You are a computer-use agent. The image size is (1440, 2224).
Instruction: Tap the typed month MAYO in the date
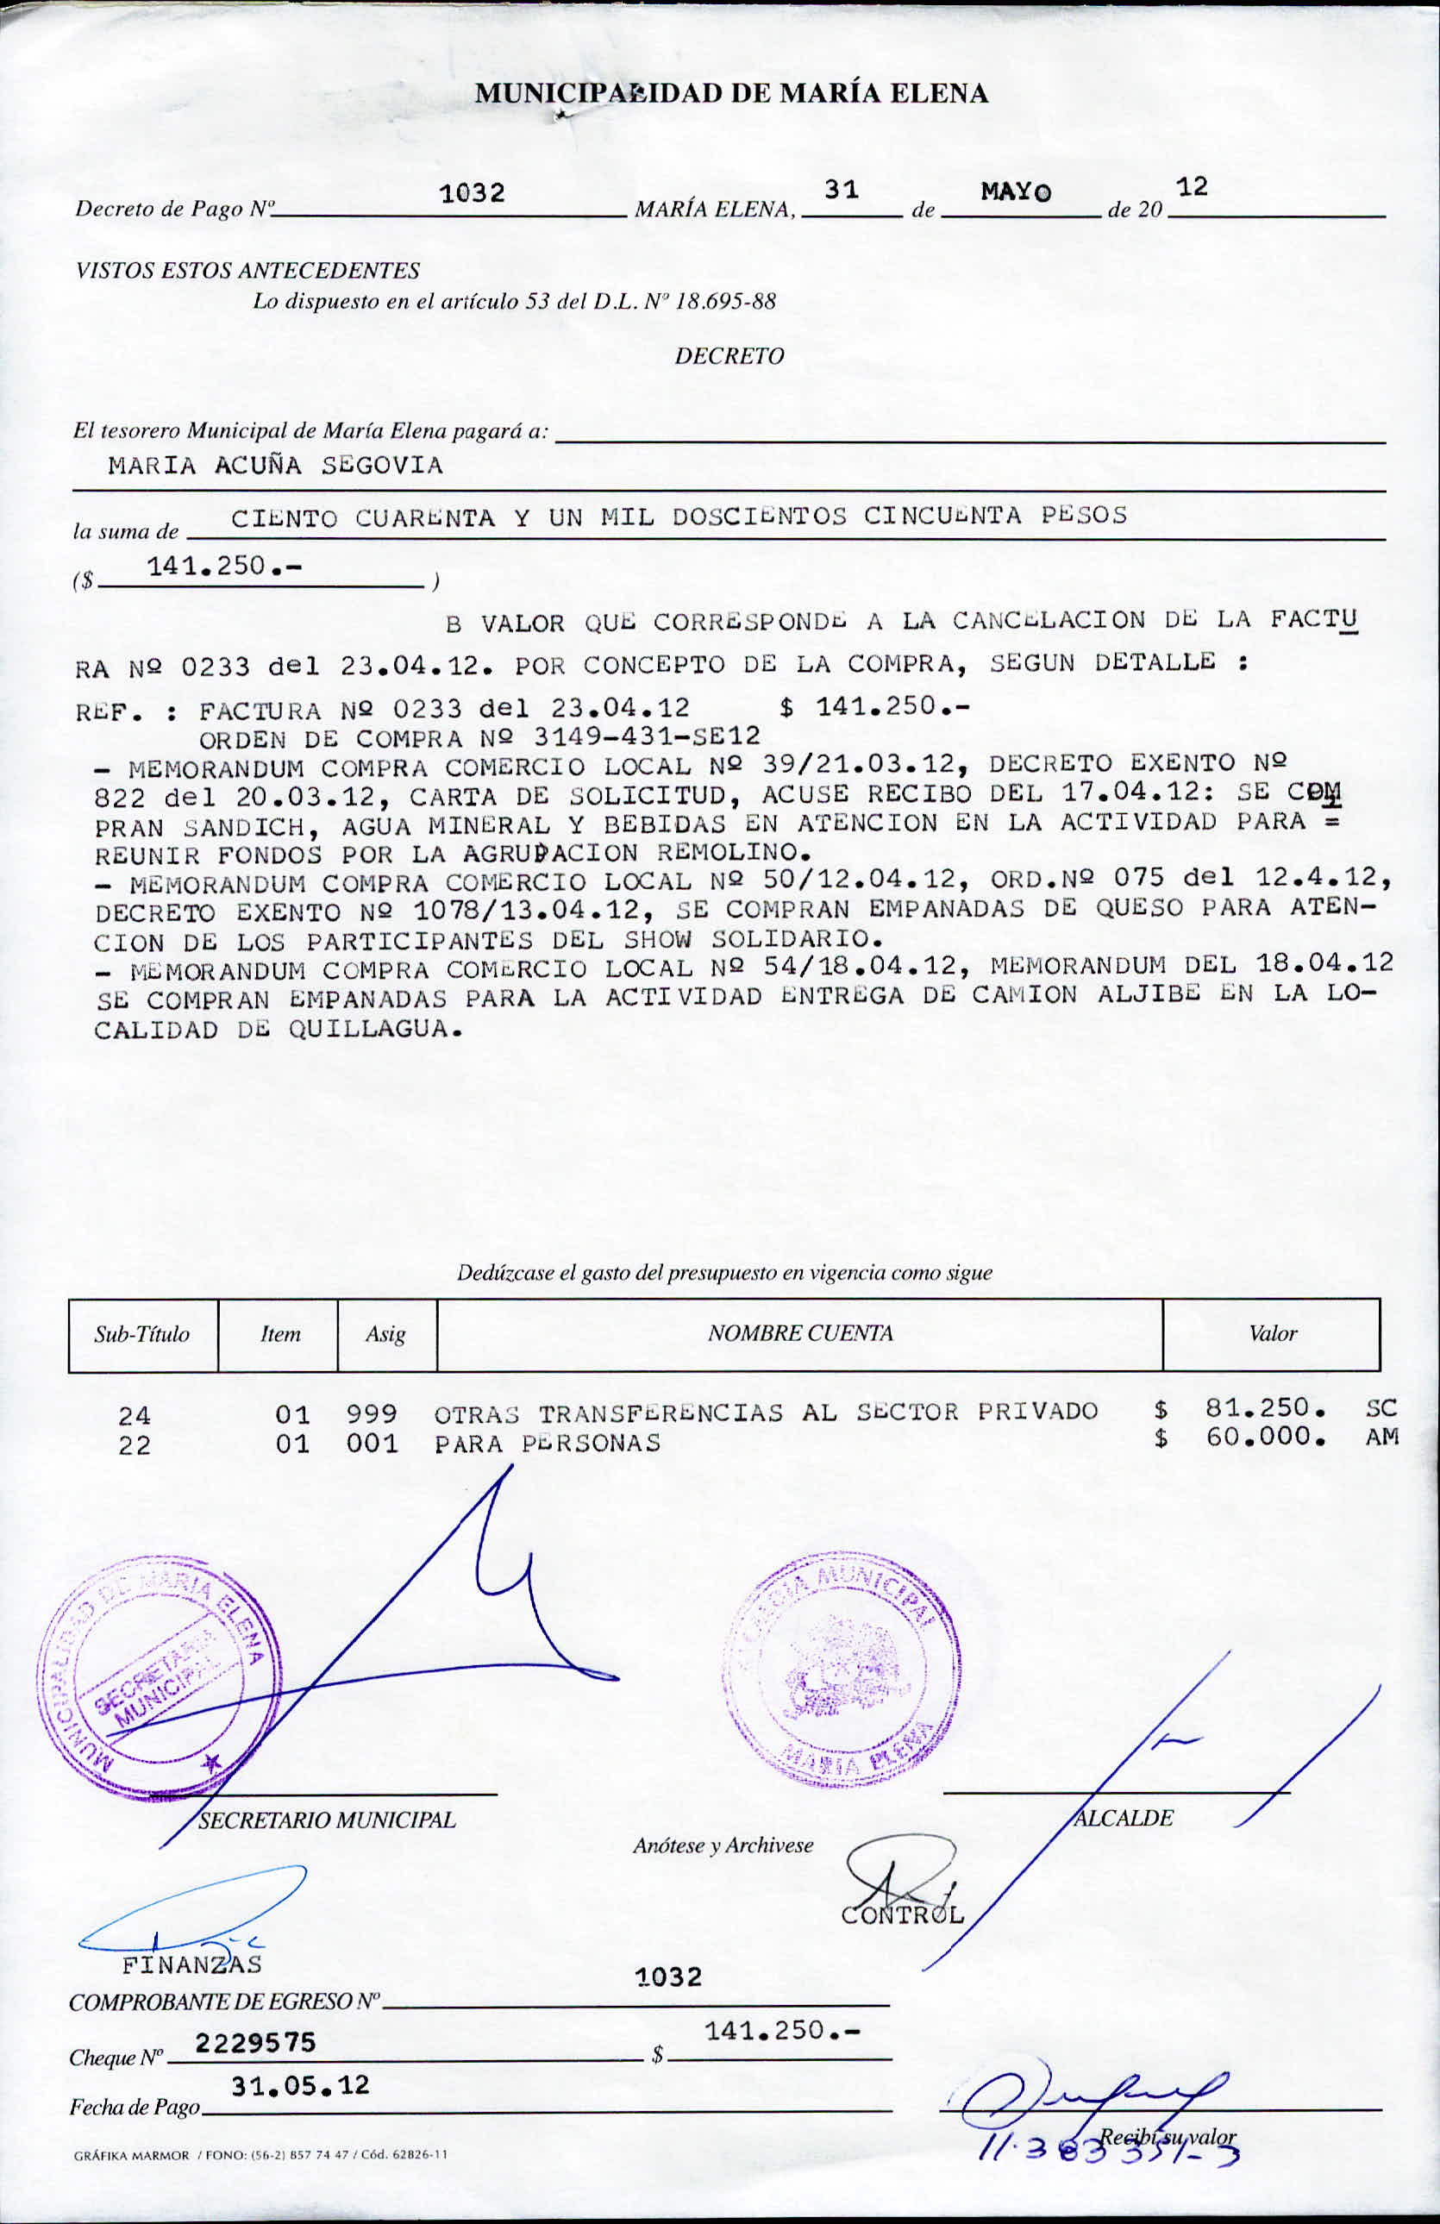[x=1016, y=192]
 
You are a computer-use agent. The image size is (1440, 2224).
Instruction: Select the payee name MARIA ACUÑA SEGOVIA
[x=276, y=466]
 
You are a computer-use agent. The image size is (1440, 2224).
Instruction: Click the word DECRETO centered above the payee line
[x=729, y=356]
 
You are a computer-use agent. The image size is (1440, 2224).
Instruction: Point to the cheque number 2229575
[x=256, y=2042]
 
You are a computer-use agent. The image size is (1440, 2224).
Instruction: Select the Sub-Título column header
[x=142, y=1334]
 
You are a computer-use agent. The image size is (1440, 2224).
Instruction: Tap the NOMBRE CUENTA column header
[x=800, y=1333]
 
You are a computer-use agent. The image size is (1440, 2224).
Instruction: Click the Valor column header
[x=1273, y=1333]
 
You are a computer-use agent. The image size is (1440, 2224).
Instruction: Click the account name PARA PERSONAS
[x=548, y=1444]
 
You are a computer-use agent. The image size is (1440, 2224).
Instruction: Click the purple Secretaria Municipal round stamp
[x=159, y=1677]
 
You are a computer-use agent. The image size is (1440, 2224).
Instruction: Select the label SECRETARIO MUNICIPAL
[x=327, y=1820]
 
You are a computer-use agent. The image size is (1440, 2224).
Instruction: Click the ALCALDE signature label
[x=1124, y=1818]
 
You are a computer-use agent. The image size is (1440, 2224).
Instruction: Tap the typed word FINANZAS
[x=191, y=1964]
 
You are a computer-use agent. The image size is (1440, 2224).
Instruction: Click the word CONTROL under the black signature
[x=902, y=1914]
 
